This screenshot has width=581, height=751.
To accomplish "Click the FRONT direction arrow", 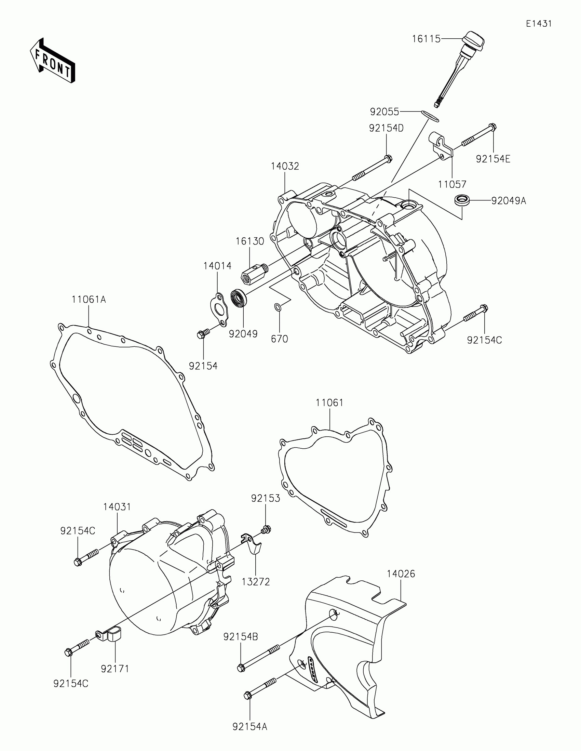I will point(53,61).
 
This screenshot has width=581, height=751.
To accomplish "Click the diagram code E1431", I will point(539,24).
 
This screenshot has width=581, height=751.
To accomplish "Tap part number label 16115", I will point(426,39).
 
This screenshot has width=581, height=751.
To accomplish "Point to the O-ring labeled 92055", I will point(430,116).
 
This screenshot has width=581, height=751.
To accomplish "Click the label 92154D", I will point(386,128).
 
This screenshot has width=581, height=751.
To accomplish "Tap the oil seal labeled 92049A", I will point(462,200).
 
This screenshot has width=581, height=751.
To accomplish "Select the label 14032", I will point(285,167).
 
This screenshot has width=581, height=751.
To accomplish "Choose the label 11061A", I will point(89,300).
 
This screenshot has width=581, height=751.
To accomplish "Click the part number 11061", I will point(329,403).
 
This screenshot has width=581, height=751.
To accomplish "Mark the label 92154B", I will point(241,637).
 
